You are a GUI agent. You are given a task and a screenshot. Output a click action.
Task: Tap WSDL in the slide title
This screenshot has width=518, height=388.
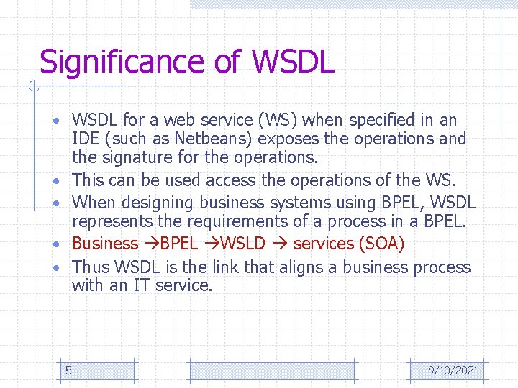coord(293,62)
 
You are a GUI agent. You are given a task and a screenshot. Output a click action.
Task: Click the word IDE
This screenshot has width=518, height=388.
coord(85,139)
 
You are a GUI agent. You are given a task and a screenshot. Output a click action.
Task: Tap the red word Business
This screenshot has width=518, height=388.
coord(105,244)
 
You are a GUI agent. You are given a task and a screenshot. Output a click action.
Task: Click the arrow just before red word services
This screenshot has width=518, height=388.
coord(283,244)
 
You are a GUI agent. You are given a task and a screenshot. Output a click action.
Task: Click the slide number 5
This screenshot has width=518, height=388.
coord(68,370)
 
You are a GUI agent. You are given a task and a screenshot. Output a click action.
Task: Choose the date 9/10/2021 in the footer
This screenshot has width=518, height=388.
coord(453,371)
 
